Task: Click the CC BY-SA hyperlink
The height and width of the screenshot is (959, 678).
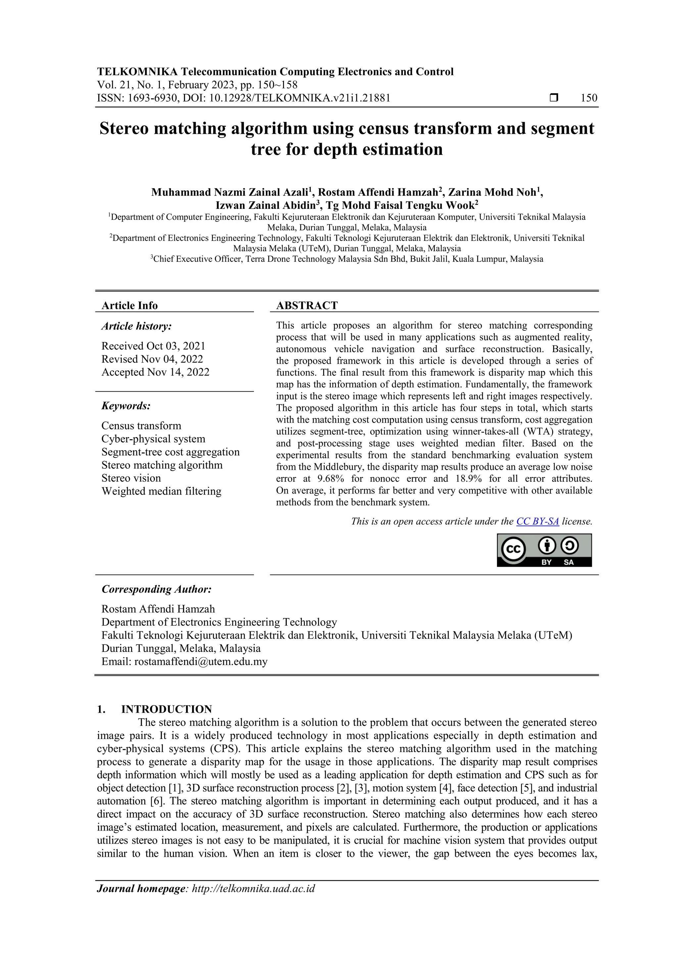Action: coord(537,521)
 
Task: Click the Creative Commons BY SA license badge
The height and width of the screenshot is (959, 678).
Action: coord(544,550)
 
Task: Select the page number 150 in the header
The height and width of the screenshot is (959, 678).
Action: coord(589,98)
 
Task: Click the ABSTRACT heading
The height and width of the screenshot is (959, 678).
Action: coord(307,305)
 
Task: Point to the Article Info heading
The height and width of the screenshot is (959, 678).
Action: coord(129,305)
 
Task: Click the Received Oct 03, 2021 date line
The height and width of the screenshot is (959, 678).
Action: coord(153,346)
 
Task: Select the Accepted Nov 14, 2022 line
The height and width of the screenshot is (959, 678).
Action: coord(155,372)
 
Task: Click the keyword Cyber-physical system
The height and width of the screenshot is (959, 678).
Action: coord(153,439)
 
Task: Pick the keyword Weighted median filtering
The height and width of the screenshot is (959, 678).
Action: coord(161,491)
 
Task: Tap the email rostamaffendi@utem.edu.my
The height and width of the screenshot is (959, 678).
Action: coord(201,662)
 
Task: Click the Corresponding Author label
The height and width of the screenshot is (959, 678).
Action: coord(157,589)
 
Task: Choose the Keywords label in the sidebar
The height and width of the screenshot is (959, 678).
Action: coord(126,406)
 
